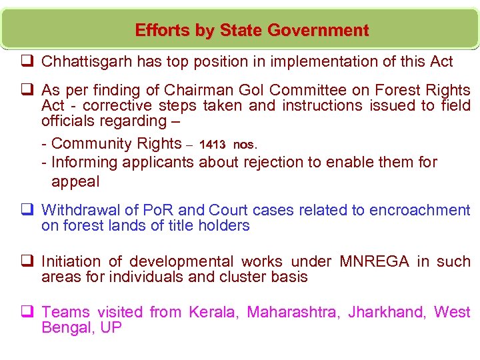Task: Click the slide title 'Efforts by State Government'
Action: point(251,31)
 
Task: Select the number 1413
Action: point(212,145)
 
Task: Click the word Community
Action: point(91,143)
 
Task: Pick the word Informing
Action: point(85,162)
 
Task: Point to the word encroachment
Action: point(420,210)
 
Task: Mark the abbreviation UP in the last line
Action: point(111,328)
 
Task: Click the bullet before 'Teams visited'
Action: point(27,312)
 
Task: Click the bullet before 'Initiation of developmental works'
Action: point(27,261)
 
